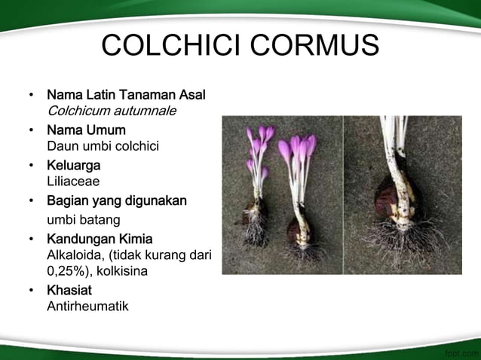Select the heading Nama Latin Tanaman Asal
coord(126,96)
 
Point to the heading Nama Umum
coord(86,130)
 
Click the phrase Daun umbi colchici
coord(103,145)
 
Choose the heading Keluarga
coord(74,165)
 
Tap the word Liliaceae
coord(73,181)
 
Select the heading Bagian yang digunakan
coord(117,201)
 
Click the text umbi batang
coord(83,219)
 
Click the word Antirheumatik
coord(87,307)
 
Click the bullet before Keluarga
coord(31,166)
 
